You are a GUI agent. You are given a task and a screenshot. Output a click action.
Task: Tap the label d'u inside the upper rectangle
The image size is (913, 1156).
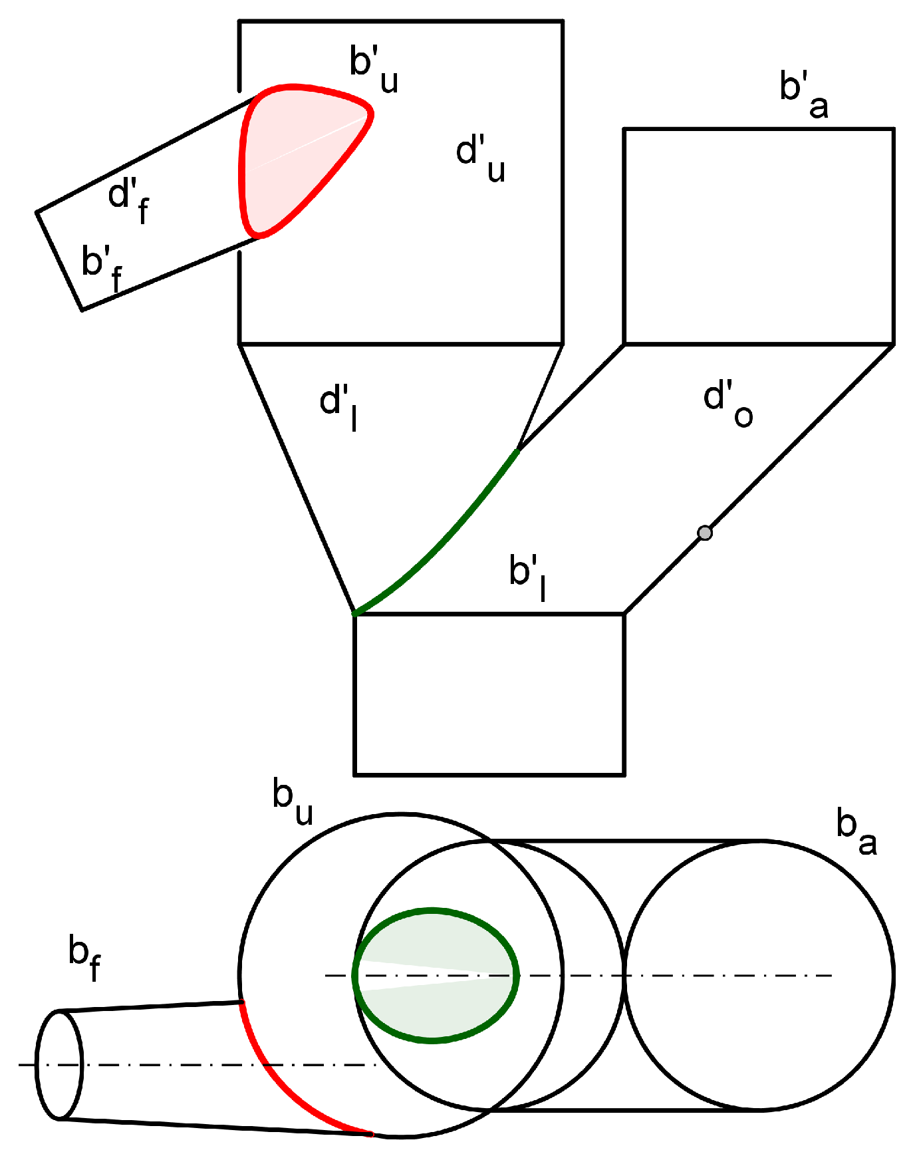coord(480,158)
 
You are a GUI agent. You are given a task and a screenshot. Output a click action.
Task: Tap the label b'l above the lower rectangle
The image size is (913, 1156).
coord(528,576)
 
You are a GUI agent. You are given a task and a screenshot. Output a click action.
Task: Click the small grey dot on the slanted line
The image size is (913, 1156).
coord(705,532)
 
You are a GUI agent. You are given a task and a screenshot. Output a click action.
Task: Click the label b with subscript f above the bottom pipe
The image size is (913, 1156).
coord(84,956)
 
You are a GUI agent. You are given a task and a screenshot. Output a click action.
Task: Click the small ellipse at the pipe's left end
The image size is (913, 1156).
coord(60,1064)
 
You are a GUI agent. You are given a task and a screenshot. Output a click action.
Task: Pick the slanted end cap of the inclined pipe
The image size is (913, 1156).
coord(59,261)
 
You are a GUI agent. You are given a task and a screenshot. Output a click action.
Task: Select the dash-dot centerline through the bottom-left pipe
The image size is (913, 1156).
coord(199,1064)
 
